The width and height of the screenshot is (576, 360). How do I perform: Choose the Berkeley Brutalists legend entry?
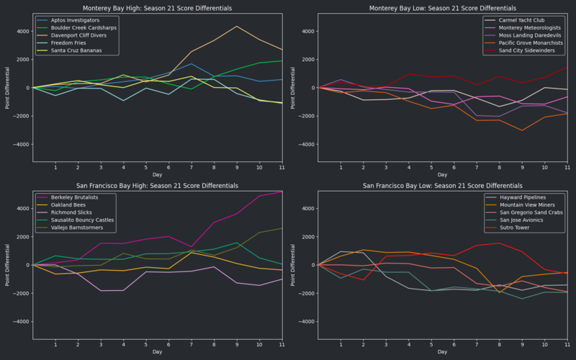[76, 197]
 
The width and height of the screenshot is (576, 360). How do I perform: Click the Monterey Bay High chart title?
[157, 8]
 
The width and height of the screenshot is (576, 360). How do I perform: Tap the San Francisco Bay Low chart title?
[443, 185]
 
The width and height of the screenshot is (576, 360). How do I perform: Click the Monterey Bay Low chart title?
[443, 8]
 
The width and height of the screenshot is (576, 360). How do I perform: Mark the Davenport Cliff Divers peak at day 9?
[237, 27]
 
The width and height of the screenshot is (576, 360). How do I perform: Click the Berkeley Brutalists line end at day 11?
[282, 192]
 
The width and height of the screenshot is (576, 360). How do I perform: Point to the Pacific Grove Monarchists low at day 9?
[522, 130]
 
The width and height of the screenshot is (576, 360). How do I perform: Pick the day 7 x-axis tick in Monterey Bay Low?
[477, 168]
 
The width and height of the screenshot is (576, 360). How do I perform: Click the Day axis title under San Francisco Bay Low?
[443, 351]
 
